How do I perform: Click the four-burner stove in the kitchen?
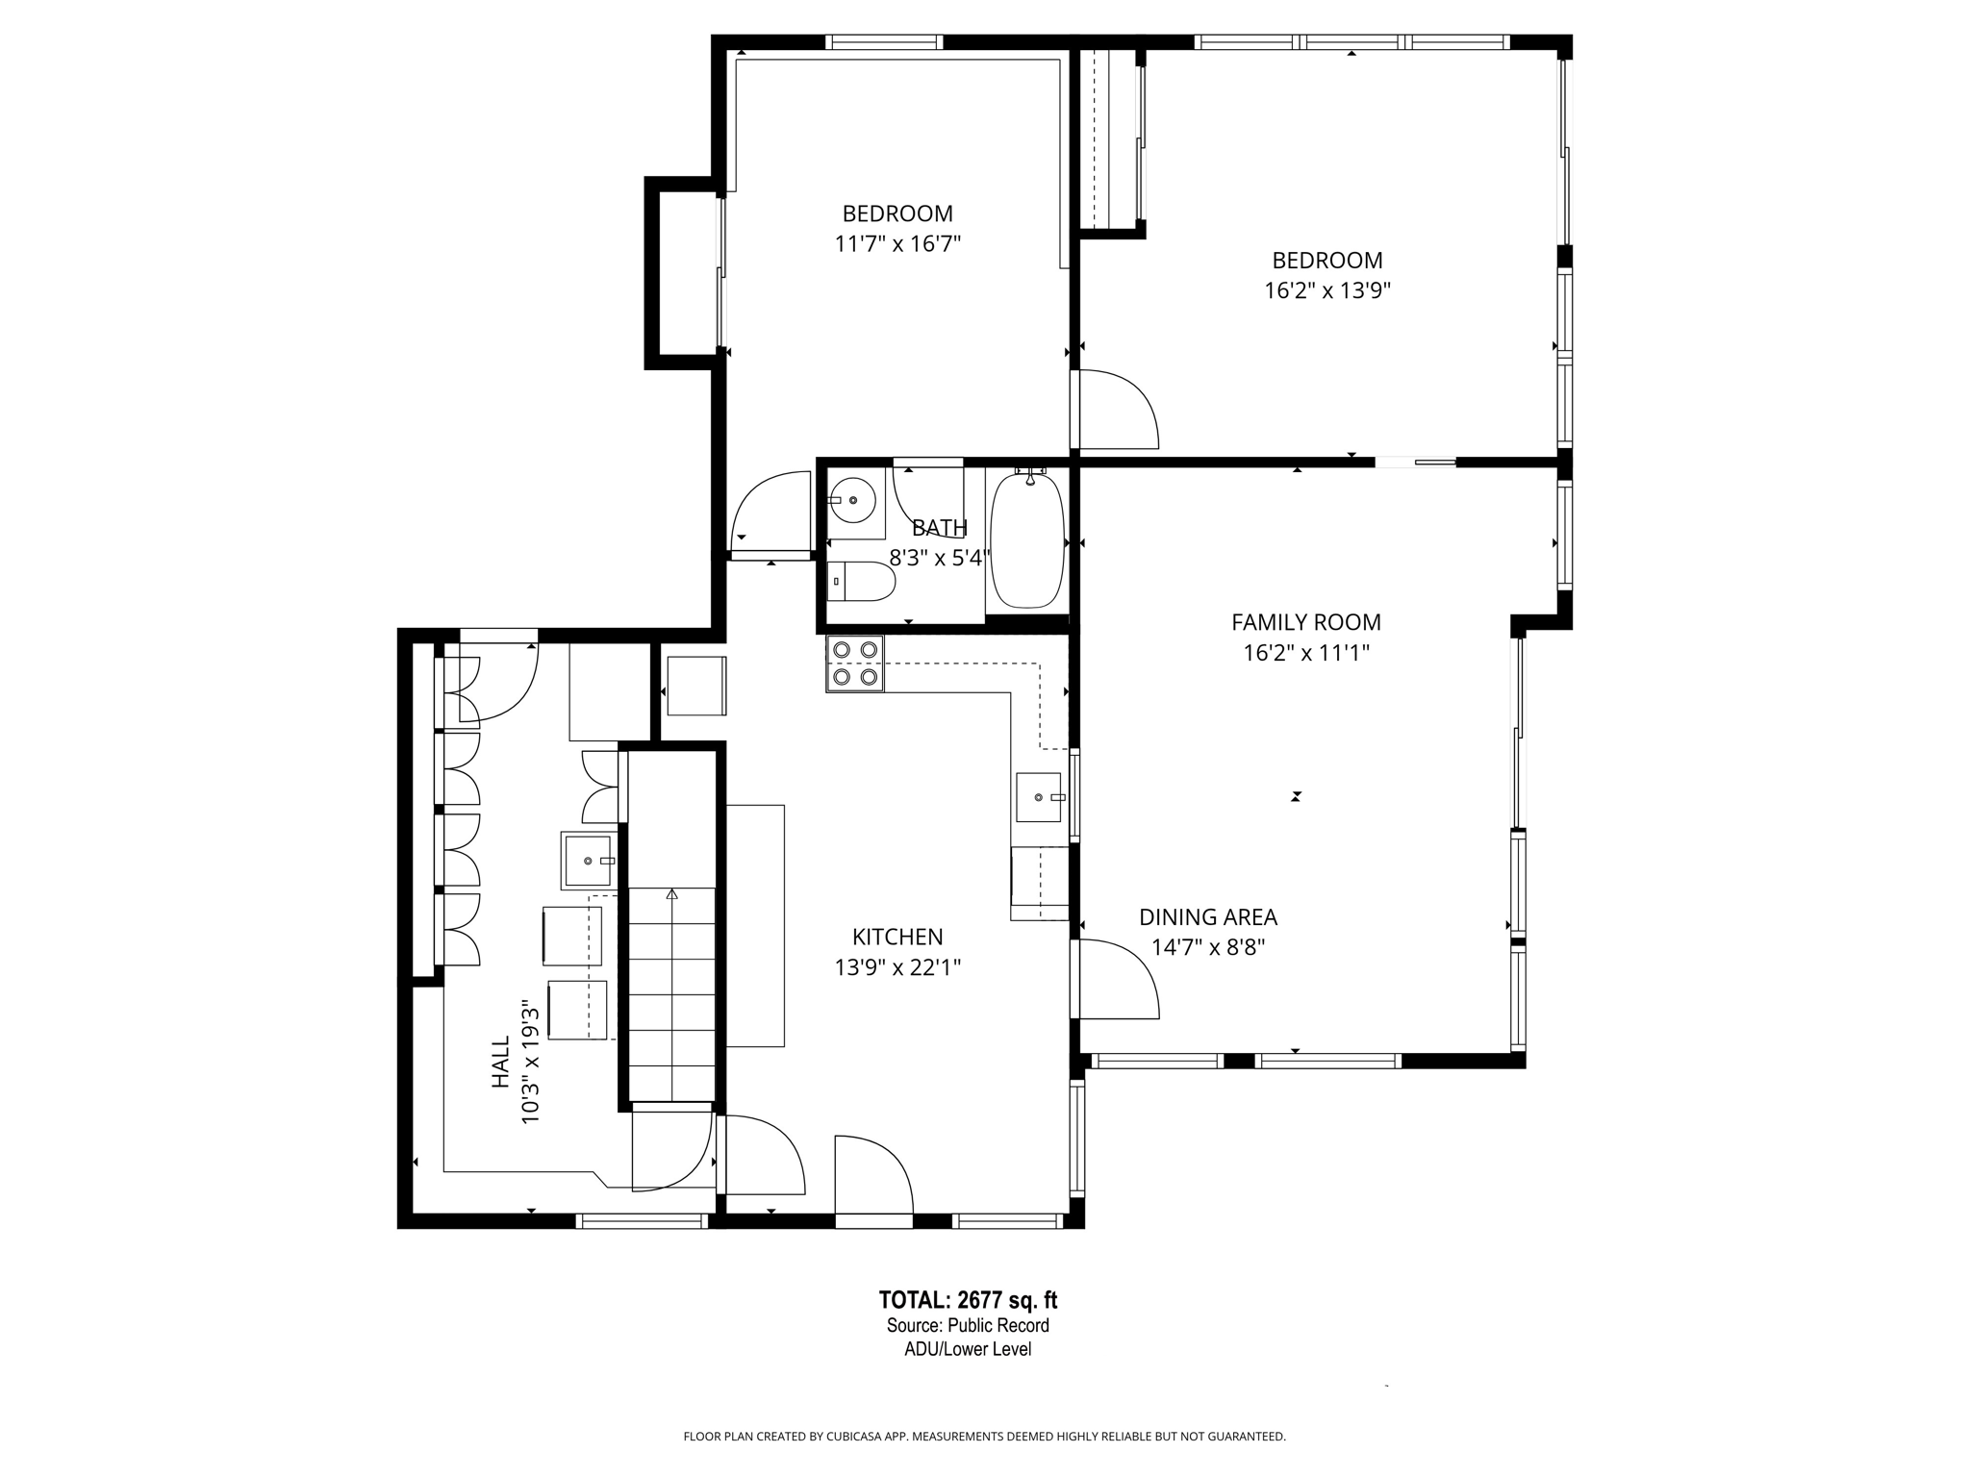(855, 663)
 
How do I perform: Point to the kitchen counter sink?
(1040, 797)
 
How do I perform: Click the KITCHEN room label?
(897, 937)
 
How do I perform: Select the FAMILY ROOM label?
(1306, 622)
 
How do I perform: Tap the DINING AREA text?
(1208, 917)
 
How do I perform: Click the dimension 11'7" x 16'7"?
(897, 244)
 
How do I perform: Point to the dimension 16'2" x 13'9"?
(1327, 290)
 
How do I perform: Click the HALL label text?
(500, 1062)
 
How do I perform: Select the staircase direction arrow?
(671, 894)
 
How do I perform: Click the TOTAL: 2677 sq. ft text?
(968, 1300)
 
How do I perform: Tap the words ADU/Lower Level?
(968, 1349)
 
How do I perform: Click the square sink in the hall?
(588, 861)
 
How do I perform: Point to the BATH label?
(939, 528)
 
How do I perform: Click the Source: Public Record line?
(968, 1325)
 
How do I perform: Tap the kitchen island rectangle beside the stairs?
(755, 925)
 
